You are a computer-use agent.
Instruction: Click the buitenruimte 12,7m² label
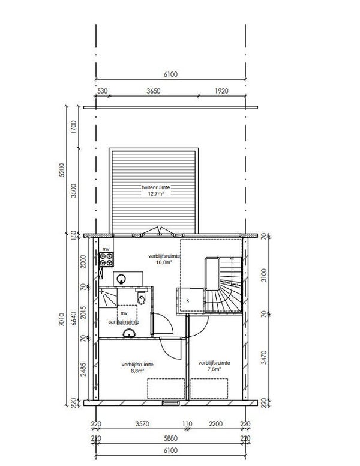(155, 190)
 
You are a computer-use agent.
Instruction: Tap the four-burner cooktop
(106, 259)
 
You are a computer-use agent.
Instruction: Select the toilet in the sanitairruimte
(142, 297)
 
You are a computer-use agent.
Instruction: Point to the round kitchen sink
(121, 279)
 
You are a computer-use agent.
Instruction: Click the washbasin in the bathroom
(129, 334)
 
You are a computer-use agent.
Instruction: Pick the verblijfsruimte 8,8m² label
(137, 368)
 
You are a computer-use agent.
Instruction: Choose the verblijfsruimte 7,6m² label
(214, 366)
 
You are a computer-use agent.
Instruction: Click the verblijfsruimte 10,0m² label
(164, 259)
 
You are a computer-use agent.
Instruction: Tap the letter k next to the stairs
(188, 300)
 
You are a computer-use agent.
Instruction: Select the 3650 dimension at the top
(153, 91)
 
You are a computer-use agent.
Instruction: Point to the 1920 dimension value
(221, 91)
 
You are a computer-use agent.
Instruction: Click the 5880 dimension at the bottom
(170, 438)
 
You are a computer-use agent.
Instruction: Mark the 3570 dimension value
(142, 424)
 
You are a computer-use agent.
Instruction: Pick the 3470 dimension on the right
(264, 357)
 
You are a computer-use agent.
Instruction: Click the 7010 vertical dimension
(61, 319)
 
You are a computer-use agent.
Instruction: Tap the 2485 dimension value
(83, 369)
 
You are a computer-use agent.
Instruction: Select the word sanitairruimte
(124, 322)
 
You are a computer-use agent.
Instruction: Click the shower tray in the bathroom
(108, 298)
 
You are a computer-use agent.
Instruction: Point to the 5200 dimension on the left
(61, 170)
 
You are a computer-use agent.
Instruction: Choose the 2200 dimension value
(215, 424)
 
